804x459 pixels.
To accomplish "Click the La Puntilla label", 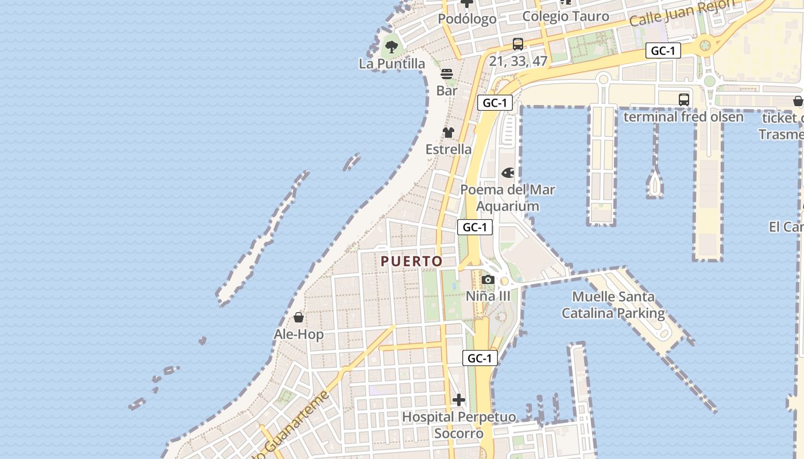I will click(x=392, y=64).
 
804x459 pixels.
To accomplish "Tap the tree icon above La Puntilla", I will click(x=392, y=46).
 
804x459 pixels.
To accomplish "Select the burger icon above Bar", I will click(x=447, y=74).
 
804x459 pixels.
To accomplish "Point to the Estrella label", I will click(x=449, y=149).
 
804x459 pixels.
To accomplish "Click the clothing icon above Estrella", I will click(x=449, y=133).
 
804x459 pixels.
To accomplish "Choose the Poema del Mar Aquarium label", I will click(x=508, y=198).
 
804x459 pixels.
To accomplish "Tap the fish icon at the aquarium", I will click(x=508, y=173).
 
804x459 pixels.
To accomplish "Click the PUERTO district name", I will click(x=412, y=262).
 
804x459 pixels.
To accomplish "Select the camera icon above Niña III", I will click(x=488, y=279).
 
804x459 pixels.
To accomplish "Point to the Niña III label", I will click(x=488, y=296).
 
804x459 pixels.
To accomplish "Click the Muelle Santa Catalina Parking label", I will click(x=613, y=305).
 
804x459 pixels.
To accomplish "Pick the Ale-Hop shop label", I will click(x=299, y=334).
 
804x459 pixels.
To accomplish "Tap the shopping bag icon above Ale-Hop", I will click(x=299, y=317).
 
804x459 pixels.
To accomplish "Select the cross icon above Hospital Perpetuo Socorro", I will click(x=459, y=400).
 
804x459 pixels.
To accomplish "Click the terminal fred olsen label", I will click(x=683, y=117).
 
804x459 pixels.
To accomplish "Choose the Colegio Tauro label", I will click(x=566, y=17).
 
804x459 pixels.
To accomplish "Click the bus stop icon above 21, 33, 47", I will click(x=518, y=44).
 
